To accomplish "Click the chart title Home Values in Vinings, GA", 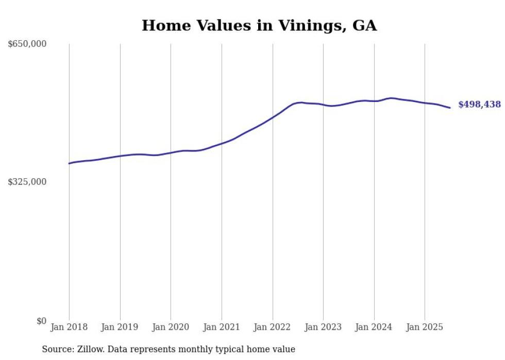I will pyautogui.click(x=259, y=26).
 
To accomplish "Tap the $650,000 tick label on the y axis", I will pyautogui.click(x=27, y=44).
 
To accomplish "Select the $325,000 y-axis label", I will pyautogui.click(x=27, y=182).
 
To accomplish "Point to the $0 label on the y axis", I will pyautogui.click(x=41, y=321).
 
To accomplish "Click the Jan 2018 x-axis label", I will pyautogui.click(x=69, y=327).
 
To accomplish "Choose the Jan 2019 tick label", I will pyautogui.click(x=120, y=327).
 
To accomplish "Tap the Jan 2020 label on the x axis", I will pyautogui.click(x=171, y=327).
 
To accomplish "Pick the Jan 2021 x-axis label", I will pyautogui.click(x=222, y=327).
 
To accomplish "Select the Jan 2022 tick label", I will pyautogui.click(x=273, y=327).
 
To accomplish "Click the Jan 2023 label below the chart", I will pyautogui.click(x=323, y=327).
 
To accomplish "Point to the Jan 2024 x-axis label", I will pyautogui.click(x=374, y=327).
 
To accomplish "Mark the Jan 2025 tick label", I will pyautogui.click(x=425, y=327).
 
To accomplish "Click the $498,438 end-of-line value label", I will pyautogui.click(x=479, y=105).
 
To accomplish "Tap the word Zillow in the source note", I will pyautogui.click(x=90, y=349).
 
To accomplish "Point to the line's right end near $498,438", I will pyautogui.click(x=450, y=108).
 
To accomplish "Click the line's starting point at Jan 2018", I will pyautogui.click(x=69, y=163).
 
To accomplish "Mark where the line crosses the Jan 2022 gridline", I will pyautogui.click(x=273, y=117).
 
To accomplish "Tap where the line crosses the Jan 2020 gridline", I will pyautogui.click(x=171, y=152).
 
